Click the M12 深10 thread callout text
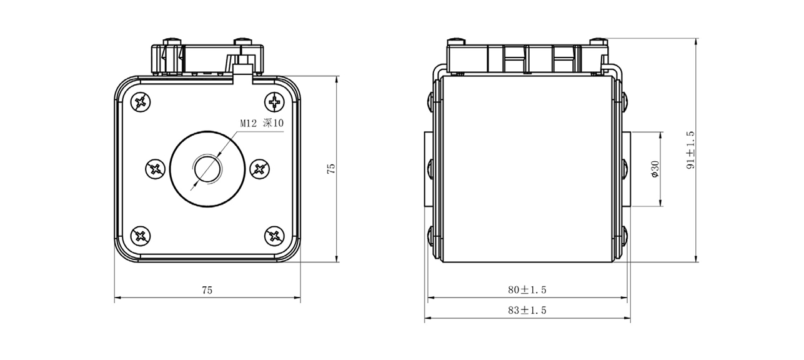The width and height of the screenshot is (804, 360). (x=262, y=124)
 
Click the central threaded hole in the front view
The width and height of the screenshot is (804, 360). (x=207, y=169)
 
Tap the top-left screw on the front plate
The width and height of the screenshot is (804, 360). (x=141, y=101)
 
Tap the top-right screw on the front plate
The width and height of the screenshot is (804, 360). (x=274, y=101)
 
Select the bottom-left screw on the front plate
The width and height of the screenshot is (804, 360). (x=141, y=236)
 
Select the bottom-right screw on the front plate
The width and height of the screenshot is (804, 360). (x=274, y=236)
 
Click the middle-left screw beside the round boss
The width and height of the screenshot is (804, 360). (x=154, y=169)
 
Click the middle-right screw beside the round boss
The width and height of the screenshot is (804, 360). (x=260, y=169)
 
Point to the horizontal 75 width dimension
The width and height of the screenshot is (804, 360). (x=207, y=290)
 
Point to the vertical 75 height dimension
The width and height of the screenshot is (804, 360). (x=331, y=169)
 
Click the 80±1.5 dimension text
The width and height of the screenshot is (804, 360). (x=527, y=290)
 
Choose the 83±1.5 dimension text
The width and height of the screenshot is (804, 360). (x=527, y=310)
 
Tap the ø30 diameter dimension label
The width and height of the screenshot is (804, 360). (x=654, y=169)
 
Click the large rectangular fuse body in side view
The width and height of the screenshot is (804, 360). (x=526, y=169)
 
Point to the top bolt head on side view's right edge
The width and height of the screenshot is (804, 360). (x=624, y=100)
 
